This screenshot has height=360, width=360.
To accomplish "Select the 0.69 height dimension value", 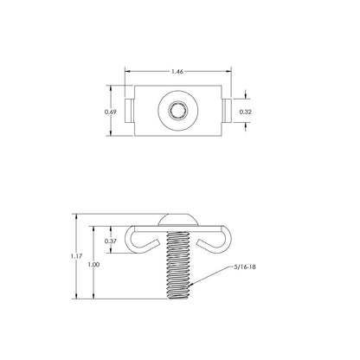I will (x=110, y=112).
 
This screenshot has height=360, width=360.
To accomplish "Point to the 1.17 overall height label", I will (x=76, y=257).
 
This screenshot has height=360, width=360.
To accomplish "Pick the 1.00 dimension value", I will (x=94, y=265).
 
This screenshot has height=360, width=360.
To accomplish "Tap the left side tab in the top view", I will (x=129, y=111).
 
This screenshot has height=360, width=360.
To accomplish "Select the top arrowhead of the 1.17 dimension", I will (x=76, y=214).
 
